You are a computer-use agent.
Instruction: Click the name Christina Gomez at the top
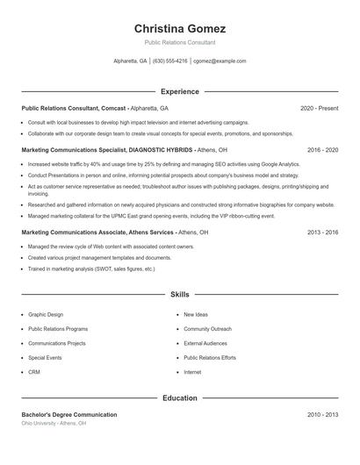point(180,28)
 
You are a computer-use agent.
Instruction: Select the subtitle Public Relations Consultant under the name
point(180,42)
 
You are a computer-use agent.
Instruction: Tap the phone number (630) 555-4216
point(170,61)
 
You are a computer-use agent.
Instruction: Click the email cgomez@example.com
point(220,61)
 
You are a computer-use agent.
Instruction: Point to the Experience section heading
point(180,91)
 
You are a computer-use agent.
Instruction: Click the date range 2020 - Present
point(319,108)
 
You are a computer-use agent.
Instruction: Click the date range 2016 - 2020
point(322,150)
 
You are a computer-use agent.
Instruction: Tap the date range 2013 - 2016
point(322,232)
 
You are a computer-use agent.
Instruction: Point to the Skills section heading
point(180,296)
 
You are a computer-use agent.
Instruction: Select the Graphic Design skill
point(46,314)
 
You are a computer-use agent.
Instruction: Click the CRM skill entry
point(34,372)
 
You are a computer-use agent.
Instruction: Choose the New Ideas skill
point(196,314)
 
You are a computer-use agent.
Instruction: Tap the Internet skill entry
point(192,372)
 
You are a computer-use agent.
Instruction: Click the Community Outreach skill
point(207,329)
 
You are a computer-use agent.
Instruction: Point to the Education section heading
point(180,397)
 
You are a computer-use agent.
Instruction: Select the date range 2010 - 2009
point(322,414)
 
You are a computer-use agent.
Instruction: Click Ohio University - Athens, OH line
point(54,423)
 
